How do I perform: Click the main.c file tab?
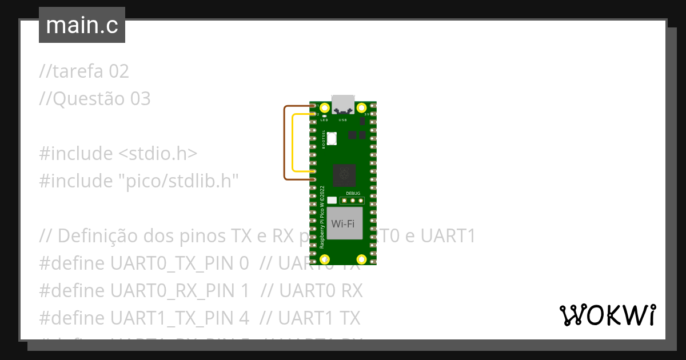pyautogui.click(x=82, y=25)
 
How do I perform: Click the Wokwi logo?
pyautogui.click(x=607, y=315)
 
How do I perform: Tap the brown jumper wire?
pyautogui.click(x=285, y=143)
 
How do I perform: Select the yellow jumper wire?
pyautogui.click(x=293, y=143)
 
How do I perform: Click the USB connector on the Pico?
pyautogui.click(x=343, y=103)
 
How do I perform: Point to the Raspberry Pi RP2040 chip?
pyautogui.click(x=345, y=174)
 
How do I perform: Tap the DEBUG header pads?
pyautogui.click(x=353, y=200)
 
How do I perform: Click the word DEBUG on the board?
pyautogui.click(x=353, y=194)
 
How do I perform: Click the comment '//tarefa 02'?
pyautogui.click(x=84, y=71)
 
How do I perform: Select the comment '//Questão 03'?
pyautogui.click(x=95, y=99)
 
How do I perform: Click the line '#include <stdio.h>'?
pyautogui.click(x=118, y=154)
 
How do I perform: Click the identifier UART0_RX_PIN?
pyautogui.click(x=180, y=291)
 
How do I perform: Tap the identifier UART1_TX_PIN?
pyautogui.click(x=180, y=318)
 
